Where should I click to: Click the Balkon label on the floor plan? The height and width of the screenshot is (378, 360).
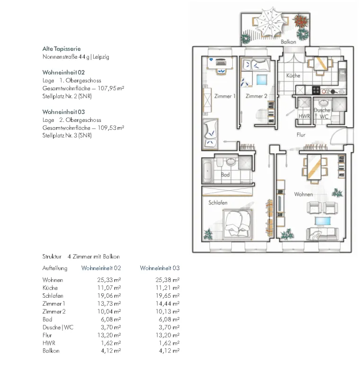(289, 42)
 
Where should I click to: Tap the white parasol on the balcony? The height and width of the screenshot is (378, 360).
(271, 22)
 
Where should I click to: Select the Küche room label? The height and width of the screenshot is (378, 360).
(293, 76)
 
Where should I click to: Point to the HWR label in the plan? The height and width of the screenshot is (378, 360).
(304, 116)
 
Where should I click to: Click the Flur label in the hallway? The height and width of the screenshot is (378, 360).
(301, 135)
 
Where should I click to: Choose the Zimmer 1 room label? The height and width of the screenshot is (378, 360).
(225, 96)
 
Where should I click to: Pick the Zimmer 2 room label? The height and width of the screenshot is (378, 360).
(256, 96)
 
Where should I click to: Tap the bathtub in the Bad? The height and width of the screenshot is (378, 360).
(208, 171)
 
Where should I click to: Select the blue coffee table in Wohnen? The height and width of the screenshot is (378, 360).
(323, 221)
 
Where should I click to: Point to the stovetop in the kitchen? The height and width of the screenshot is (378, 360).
(316, 90)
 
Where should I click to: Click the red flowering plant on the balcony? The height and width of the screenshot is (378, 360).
(301, 21)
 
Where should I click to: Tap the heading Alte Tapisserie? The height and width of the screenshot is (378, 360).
(61, 49)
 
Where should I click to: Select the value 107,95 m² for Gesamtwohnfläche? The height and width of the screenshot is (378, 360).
(111, 88)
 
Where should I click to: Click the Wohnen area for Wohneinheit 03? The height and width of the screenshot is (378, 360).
(167, 280)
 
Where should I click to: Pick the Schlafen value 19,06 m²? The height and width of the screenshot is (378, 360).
(109, 296)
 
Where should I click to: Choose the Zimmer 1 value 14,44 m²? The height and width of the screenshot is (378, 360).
(167, 303)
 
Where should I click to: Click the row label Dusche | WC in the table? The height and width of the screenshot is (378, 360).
(58, 327)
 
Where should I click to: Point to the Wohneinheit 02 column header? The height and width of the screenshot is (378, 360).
(101, 268)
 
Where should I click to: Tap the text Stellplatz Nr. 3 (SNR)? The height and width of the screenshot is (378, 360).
(67, 136)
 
